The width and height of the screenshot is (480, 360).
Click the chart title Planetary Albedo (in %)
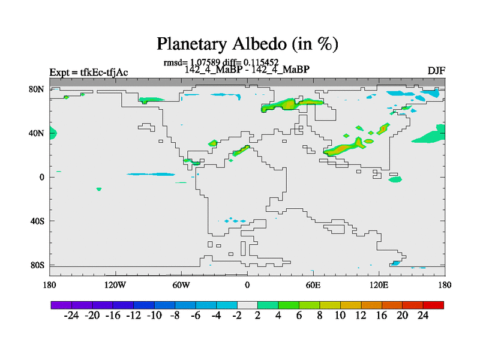(247, 44)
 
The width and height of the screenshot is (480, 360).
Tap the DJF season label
(436, 71)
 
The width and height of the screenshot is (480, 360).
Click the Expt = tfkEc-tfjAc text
(89, 73)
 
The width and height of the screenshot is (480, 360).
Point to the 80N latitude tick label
(37, 89)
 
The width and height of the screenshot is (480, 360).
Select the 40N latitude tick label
(37, 133)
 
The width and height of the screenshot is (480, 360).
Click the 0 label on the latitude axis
(42, 177)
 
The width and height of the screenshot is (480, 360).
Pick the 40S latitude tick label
(37, 221)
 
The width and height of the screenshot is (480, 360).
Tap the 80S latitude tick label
(37, 265)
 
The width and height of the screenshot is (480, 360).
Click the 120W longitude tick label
(115, 286)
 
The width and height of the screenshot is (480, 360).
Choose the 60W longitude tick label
(181, 286)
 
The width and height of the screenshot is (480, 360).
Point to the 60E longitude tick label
(313, 286)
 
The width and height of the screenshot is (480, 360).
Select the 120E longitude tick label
(379, 286)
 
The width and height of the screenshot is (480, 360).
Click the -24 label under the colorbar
(71, 316)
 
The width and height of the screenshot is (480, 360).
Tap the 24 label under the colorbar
(423, 316)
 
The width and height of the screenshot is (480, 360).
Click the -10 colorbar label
(154, 316)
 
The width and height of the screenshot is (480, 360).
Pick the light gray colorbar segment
(247, 305)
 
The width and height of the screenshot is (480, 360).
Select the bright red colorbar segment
(433, 305)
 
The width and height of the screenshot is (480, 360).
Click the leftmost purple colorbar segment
(61, 305)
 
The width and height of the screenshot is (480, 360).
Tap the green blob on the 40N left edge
(53, 133)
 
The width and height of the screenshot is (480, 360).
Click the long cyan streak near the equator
(151, 175)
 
